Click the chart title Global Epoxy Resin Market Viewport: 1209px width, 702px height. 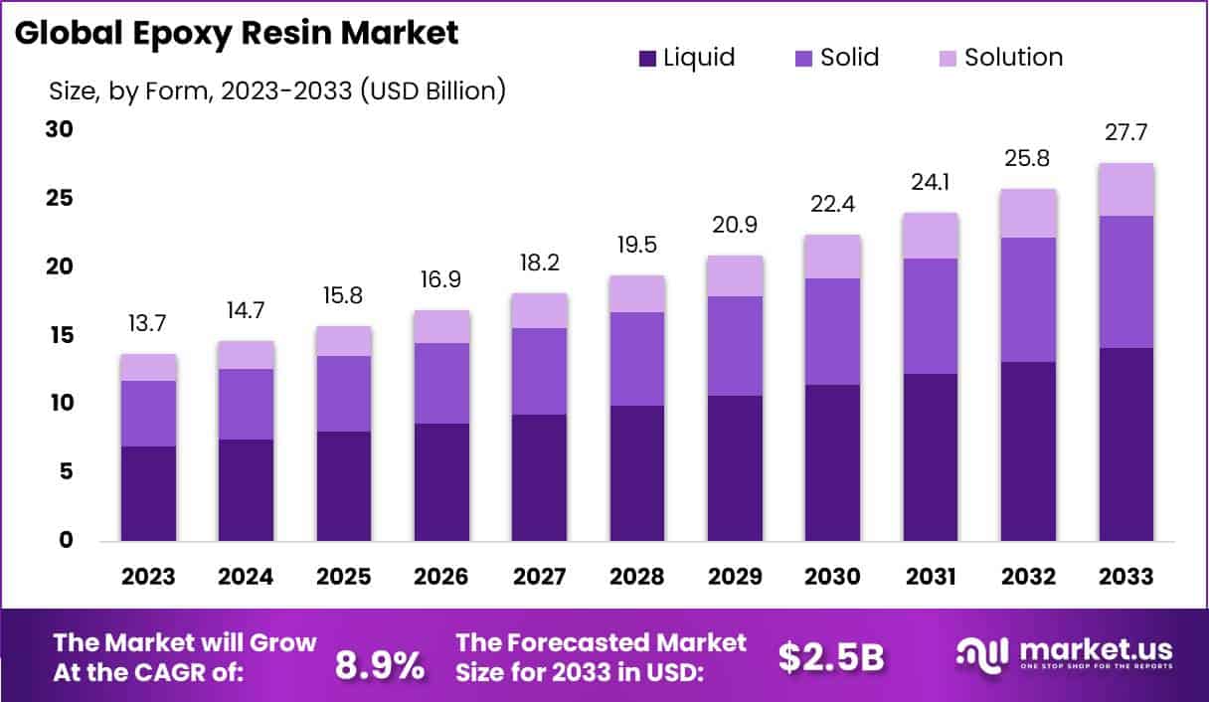(237, 33)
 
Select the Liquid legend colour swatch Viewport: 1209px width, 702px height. (647, 58)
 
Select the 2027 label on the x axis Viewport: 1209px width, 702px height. (540, 578)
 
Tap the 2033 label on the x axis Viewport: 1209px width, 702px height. (1126, 578)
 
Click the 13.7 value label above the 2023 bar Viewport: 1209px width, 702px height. (148, 323)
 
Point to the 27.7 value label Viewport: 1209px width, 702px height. (1126, 132)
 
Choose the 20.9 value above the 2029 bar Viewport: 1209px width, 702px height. (735, 225)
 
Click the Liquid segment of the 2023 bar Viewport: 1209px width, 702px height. (148, 493)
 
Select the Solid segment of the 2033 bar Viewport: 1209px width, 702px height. (1126, 281)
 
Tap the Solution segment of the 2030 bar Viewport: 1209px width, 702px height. (833, 257)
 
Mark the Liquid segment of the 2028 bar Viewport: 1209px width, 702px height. (637, 473)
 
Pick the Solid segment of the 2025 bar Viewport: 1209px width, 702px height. (344, 394)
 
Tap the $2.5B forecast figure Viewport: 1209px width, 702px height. (831, 656)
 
